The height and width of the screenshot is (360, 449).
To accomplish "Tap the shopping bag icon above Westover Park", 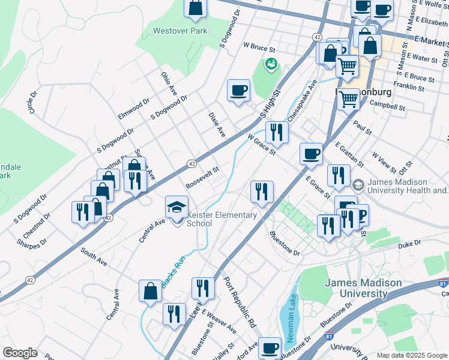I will pos(196,8).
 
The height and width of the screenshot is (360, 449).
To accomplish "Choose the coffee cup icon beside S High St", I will pos(238,91).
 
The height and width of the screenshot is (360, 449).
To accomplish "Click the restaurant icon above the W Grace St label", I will pos(276,132).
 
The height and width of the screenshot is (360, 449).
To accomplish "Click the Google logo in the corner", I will pos(20,353).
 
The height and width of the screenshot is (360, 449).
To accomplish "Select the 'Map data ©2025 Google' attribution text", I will pos(412,355).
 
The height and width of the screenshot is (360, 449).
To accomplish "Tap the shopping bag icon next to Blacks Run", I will pos(150,291).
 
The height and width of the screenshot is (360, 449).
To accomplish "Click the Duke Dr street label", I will pos(409,244).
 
